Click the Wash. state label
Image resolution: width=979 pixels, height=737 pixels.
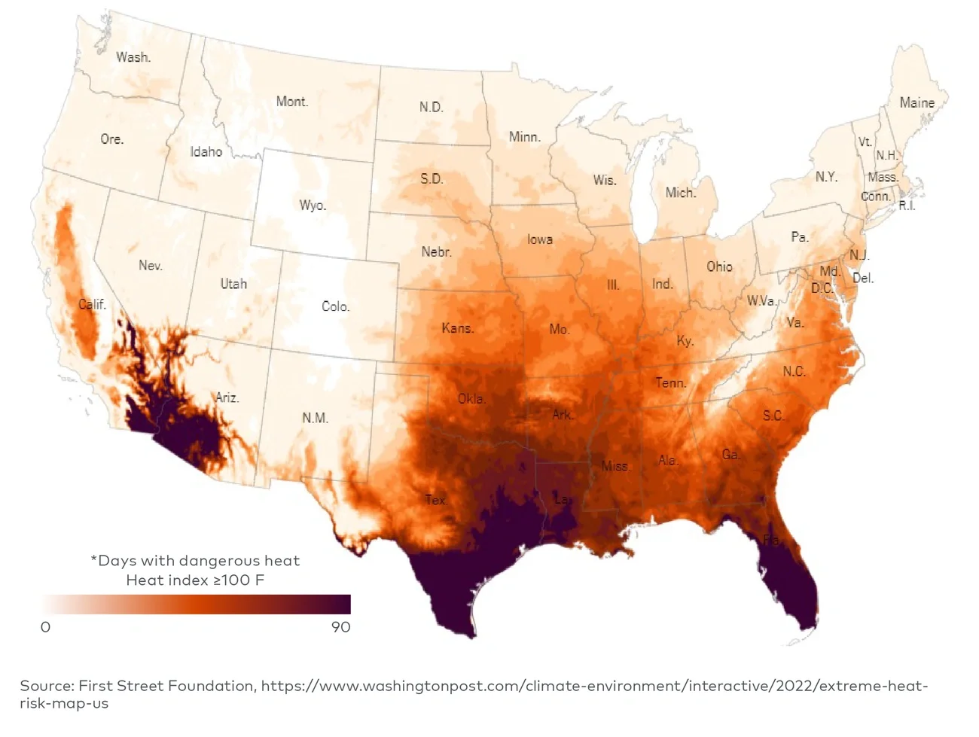point(133,57)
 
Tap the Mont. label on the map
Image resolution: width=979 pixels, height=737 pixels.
point(291,102)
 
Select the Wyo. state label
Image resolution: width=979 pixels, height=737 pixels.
point(313,206)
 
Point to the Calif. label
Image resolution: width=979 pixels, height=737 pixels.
point(92,305)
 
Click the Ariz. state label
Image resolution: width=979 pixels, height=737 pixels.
point(227,397)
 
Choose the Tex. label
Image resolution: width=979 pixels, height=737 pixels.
point(436,500)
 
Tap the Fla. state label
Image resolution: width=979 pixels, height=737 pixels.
point(772,540)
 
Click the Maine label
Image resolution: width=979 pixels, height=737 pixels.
point(916,103)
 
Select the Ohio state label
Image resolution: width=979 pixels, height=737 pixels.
point(719,266)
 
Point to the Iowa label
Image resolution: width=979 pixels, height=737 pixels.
point(539,239)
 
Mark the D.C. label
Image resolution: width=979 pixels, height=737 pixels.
point(822,288)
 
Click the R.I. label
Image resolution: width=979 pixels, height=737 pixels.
point(907,206)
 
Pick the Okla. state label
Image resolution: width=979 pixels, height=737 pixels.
point(471,399)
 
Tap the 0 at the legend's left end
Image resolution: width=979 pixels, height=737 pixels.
point(45,627)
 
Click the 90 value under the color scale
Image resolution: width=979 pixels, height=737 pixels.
point(340,627)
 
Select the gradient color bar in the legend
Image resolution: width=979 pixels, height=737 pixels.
point(196,605)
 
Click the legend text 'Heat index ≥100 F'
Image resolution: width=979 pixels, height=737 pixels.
point(195,580)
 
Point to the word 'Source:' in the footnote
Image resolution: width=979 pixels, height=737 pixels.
point(46,686)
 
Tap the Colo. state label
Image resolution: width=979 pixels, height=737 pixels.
point(335,306)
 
